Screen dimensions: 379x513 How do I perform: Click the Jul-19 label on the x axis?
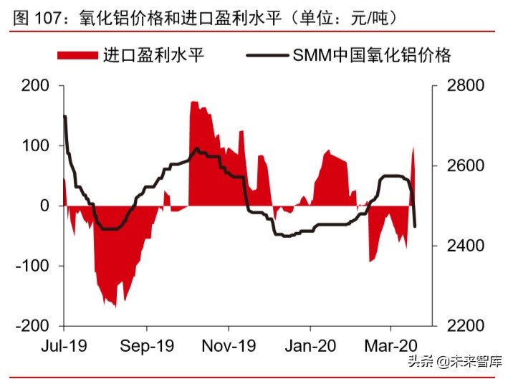click(64, 345)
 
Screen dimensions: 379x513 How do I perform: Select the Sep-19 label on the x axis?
click(147, 345)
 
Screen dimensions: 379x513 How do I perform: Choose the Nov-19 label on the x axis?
click(229, 345)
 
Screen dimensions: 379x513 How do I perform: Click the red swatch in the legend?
click(77, 54)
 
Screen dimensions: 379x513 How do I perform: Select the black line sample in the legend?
click(267, 54)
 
